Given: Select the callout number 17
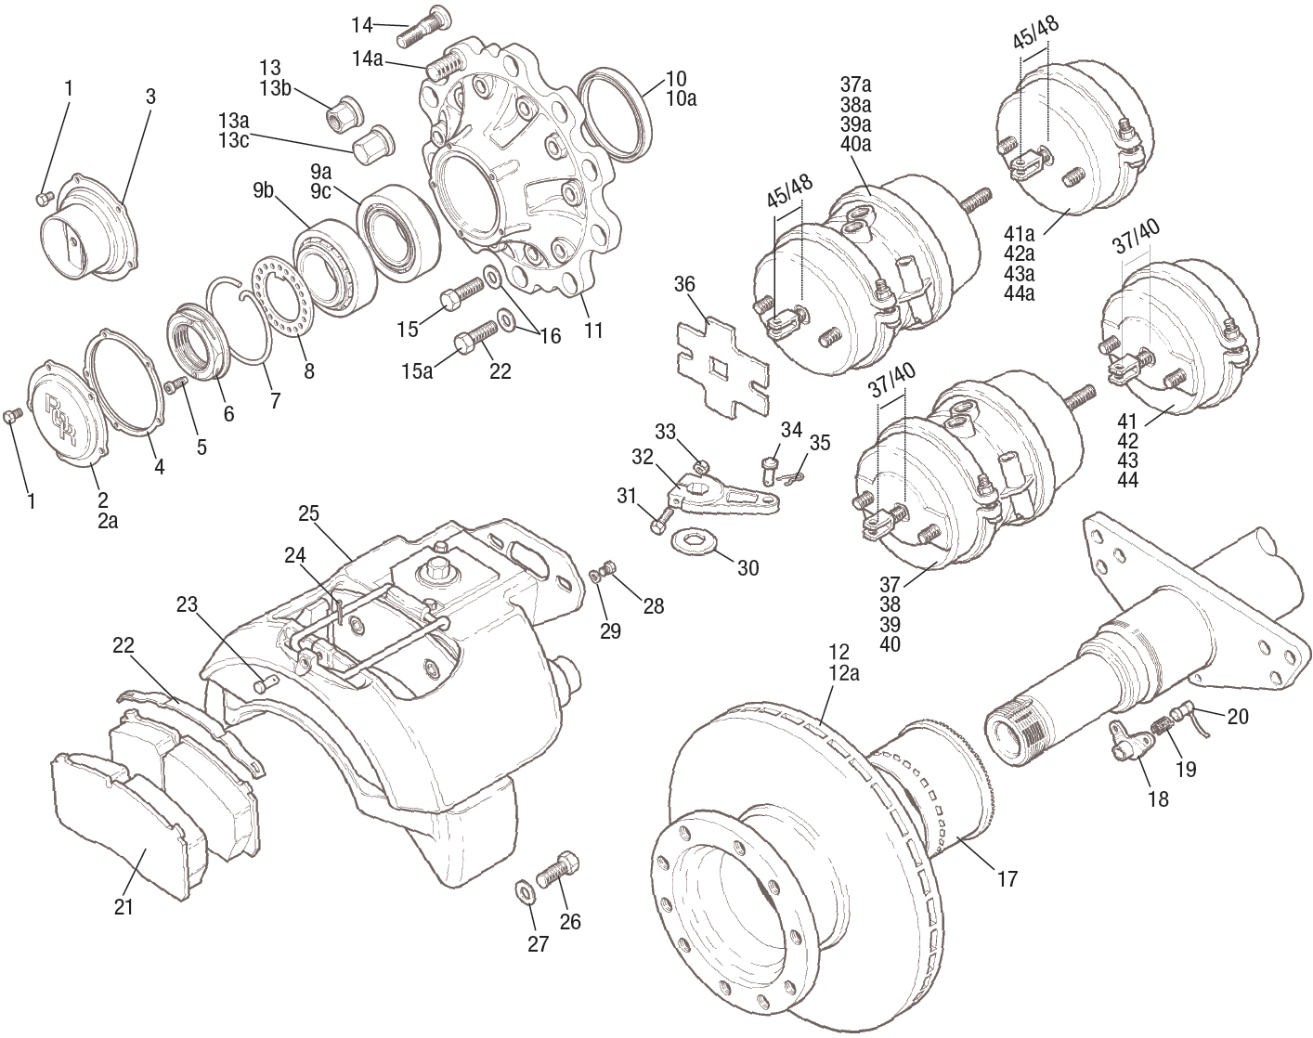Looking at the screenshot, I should (x=1007, y=877).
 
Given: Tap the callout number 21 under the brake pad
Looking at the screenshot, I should (x=123, y=907).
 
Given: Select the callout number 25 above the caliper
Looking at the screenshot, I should (x=308, y=513).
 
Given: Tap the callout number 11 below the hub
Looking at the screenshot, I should (x=593, y=330).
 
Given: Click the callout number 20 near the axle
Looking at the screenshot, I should (x=1238, y=716).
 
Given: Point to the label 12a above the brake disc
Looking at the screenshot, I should (x=842, y=673).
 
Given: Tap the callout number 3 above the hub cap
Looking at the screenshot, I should (x=150, y=96).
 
